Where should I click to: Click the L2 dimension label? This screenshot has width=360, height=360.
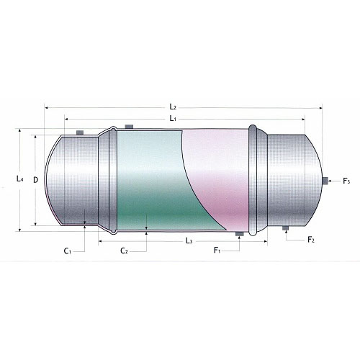click(x=173, y=107)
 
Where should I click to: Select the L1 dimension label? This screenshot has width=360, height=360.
click(x=173, y=118)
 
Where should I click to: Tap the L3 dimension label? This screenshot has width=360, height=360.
click(x=189, y=240)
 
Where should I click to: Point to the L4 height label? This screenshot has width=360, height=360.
click(x=20, y=179)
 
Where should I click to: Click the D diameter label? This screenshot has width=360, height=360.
click(x=35, y=180)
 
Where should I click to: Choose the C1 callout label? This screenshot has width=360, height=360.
click(x=68, y=251)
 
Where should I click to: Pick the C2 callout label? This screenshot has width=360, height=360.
click(x=124, y=251)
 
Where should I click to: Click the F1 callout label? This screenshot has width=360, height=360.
click(x=217, y=251)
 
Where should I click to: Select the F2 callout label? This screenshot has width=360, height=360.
click(x=311, y=239)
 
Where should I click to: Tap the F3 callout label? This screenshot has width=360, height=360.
click(x=346, y=181)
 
